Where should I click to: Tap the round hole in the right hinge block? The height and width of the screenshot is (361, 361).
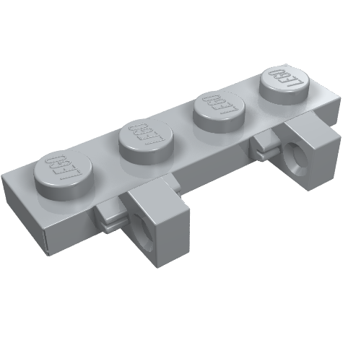[298, 153]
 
